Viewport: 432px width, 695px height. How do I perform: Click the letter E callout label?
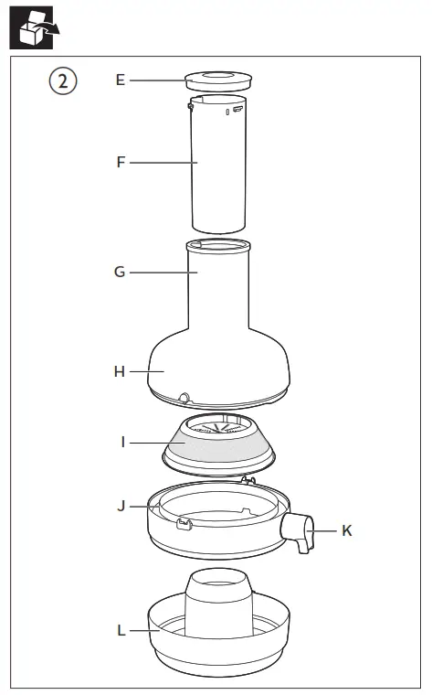120,80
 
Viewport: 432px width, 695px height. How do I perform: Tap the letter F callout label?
120,163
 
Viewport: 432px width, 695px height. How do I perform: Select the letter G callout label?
120,272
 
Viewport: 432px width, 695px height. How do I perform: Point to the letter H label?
120,371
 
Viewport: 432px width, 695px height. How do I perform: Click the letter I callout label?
122,442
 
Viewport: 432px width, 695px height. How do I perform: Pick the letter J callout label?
122,505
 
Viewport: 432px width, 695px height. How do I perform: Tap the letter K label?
346,530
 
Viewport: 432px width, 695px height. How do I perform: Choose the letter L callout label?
121,629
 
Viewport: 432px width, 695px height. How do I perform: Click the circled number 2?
63,81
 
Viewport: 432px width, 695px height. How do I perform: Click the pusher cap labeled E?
218,80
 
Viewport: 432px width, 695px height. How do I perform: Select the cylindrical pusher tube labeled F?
219,165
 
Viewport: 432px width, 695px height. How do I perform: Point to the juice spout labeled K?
299,532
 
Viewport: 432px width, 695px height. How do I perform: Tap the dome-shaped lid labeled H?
219,366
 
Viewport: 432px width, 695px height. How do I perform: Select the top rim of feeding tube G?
218,245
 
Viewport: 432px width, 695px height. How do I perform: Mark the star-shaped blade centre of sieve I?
219,425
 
